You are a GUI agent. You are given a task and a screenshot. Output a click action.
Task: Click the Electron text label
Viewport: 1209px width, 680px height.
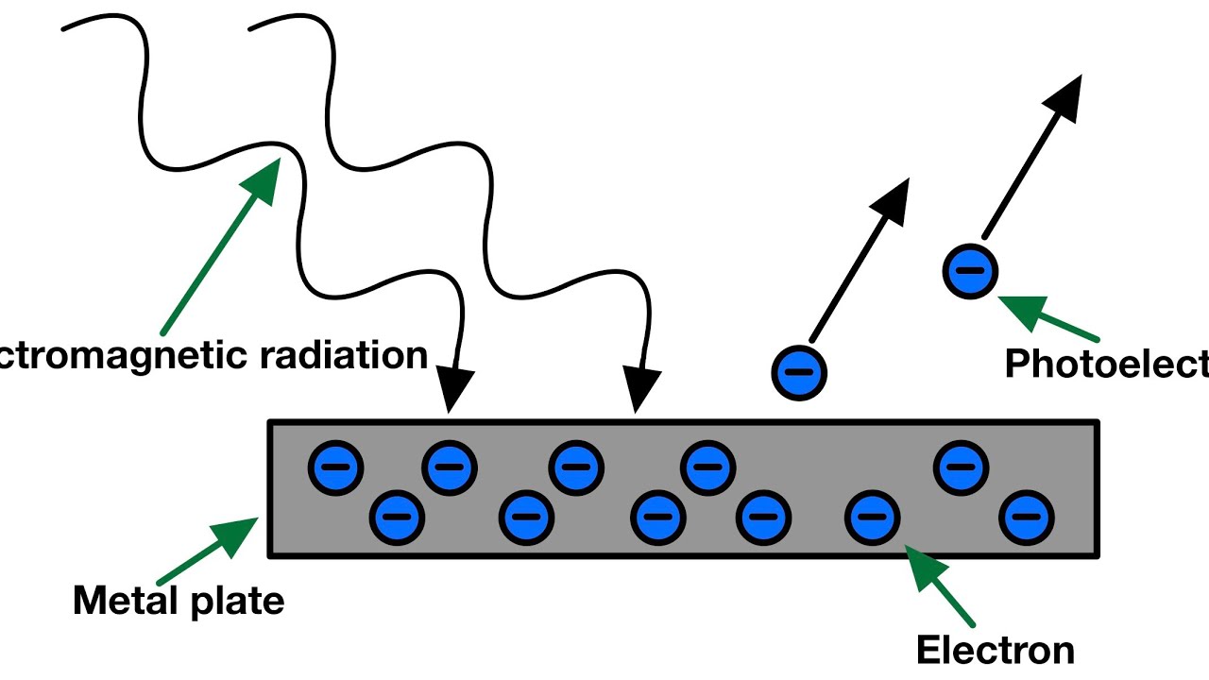[995, 650]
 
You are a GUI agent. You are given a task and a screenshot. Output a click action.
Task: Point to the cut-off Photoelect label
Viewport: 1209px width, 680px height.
[1106, 363]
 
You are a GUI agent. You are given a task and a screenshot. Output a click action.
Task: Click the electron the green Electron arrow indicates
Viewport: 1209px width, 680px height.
[874, 518]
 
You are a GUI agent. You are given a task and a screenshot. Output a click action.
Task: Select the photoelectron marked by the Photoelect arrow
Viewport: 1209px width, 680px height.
[970, 271]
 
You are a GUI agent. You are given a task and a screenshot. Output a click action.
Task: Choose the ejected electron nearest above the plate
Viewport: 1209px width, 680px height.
[800, 372]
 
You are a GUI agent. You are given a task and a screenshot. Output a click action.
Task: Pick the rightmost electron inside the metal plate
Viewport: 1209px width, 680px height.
[1027, 518]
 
